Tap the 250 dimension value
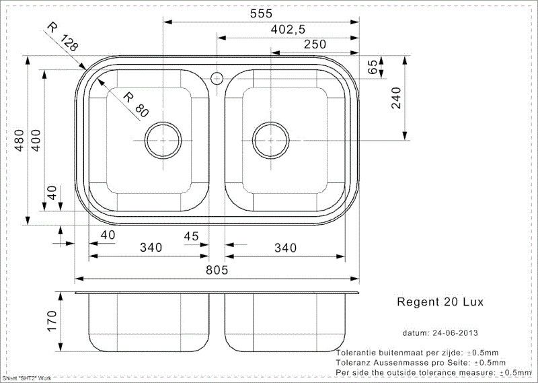click(x=314, y=44)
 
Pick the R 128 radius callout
click(x=63, y=38)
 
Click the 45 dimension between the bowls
click(x=191, y=236)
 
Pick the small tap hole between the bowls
click(x=217, y=78)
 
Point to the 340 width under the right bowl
click(x=285, y=248)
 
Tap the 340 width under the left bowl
click(x=151, y=248)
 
